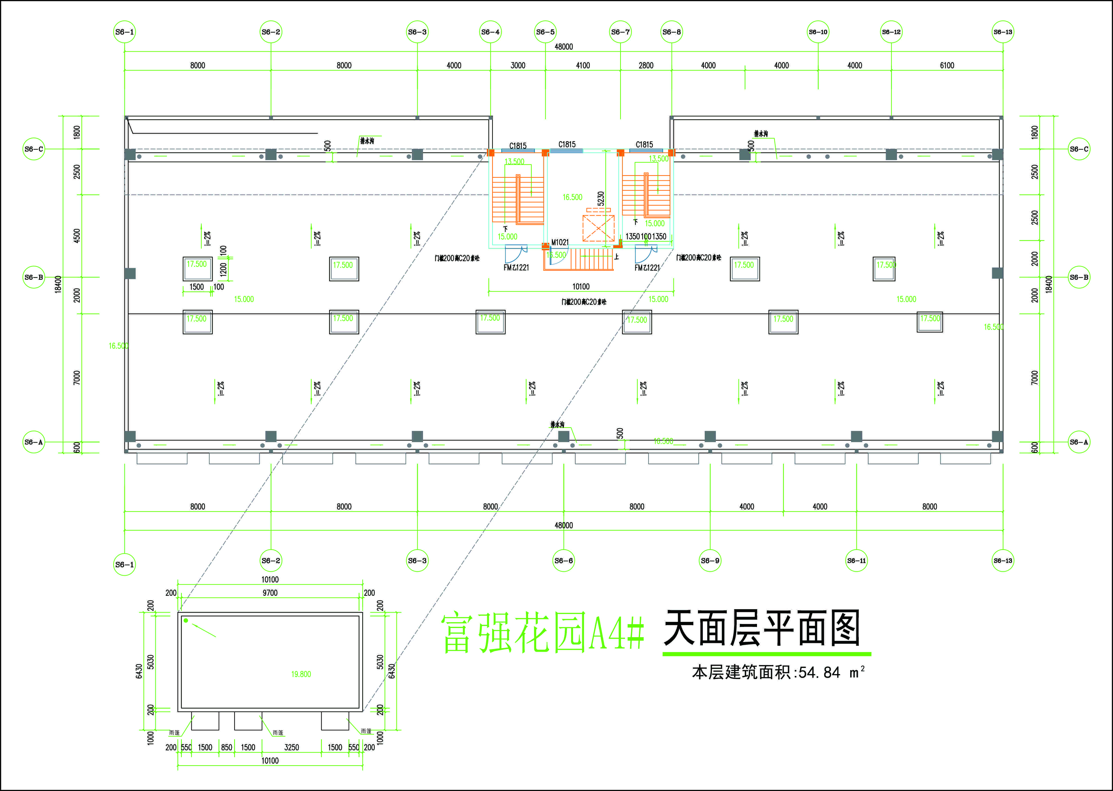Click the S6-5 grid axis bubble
545,32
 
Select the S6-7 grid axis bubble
620,32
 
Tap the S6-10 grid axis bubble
818,32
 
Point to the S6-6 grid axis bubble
564,561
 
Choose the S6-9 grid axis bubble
710,561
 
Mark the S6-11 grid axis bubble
856,561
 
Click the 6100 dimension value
947,65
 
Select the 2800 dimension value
646,65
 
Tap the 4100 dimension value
583,65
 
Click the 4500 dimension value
77,236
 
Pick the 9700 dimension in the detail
270,593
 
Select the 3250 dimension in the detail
292,747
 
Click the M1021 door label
560,242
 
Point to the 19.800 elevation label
301,674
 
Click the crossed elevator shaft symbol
598,228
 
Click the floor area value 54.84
819,673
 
